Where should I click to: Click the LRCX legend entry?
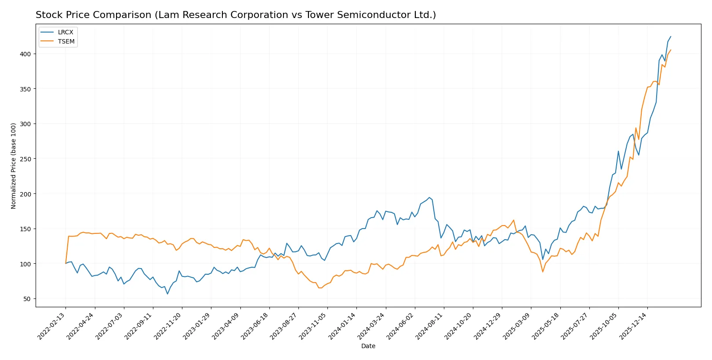[x=65, y=32]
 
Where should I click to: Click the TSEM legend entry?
[x=66, y=41]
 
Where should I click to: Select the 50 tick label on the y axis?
[x=27, y=299]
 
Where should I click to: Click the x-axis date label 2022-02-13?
[x=52, y=326]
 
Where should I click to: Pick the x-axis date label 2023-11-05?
[x=314, y=326]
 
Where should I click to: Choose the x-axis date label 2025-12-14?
[x=634, y=326]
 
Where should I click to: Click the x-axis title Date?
[x=368, y=346]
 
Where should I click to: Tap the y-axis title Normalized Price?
[x=14, y=166]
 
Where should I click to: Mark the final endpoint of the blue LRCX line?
[x=671, y=36]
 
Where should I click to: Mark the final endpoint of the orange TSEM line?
[x=671, y=50]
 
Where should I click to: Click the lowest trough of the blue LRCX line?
[x=167, y=294]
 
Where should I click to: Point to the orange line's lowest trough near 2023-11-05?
[x=320, y=288]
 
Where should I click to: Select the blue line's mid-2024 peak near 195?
[x=429, y=197]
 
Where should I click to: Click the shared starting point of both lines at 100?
[x=66, y=263]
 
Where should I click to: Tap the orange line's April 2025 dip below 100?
[x=543, y=272]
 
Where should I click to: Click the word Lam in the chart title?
[x=167, y=15]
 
